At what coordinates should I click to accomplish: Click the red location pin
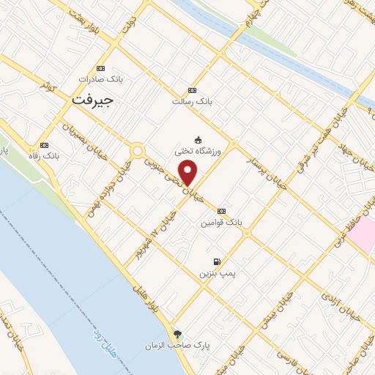pos(188,173)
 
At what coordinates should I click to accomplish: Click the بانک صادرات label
pos(101,79)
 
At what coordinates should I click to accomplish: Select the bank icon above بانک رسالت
pos(193,90)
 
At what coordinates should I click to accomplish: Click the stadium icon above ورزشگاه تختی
pos(198,140)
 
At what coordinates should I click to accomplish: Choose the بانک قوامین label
pos(223,220)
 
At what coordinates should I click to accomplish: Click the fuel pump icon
pos(217,261)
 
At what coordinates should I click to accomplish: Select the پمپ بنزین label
pos(217,272)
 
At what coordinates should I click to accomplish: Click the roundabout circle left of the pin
pos(137,151)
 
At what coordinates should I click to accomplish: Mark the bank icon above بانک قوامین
pos(222,210)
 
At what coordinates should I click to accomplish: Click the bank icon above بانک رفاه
pos(45,145)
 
